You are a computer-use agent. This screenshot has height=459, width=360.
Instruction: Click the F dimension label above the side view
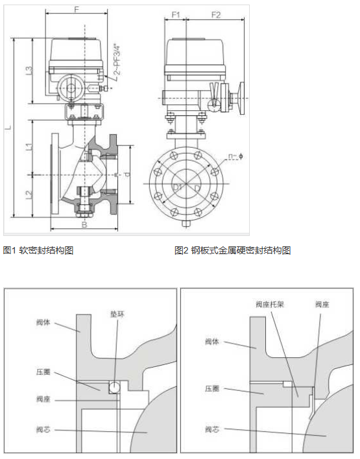(x=76, y=9)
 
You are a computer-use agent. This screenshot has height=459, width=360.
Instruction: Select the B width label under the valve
(x=84, y=226)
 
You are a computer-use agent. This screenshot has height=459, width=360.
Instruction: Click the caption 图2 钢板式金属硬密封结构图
(x=232, y=250)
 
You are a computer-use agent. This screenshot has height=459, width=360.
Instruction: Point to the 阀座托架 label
(x=267, y=303)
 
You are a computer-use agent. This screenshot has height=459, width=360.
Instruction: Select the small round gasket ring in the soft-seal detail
(x=114, y=387)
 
